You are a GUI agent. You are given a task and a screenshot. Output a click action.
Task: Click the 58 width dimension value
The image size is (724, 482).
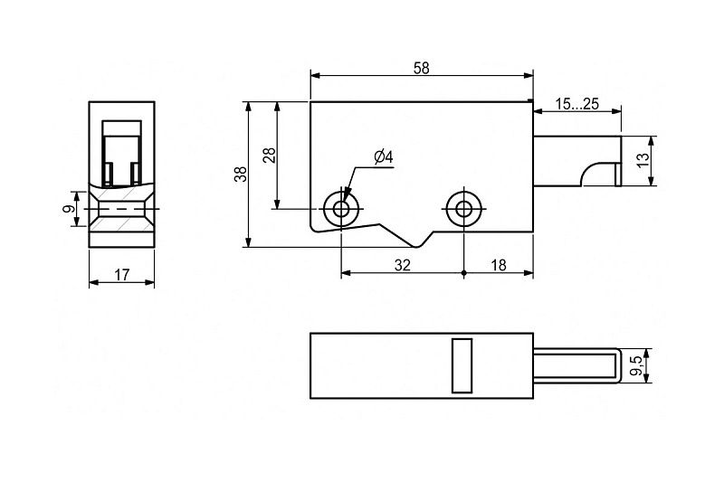[x=421, y=68]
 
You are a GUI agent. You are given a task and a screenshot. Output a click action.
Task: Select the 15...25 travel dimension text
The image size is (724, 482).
[x=576, y=104]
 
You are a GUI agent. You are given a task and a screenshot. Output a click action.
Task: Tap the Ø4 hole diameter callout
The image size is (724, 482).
[x=384, y=157]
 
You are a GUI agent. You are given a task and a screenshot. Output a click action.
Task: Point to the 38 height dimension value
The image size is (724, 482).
[x=241, y=174]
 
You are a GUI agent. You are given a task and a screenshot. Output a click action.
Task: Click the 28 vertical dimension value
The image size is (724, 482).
[x=269, y=155]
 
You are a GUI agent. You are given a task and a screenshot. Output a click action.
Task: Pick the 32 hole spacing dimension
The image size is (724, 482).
[x=403, y=265]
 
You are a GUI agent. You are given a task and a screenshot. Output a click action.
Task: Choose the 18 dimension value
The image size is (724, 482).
[x=499, y=265]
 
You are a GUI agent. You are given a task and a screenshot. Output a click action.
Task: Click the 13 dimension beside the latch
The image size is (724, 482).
[x=643, y=160]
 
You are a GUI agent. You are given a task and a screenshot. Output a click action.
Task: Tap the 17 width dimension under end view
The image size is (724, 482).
[x=121, y=275]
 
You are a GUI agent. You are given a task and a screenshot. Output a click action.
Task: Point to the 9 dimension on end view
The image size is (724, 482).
[x=69, y=209]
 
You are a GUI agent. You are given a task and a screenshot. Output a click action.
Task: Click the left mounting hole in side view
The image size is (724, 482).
[x=341, y=209]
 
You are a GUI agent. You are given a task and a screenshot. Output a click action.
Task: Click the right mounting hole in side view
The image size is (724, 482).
[x=463, y=209]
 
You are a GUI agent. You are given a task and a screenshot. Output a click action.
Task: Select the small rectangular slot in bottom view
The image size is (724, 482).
[x=462, y=365]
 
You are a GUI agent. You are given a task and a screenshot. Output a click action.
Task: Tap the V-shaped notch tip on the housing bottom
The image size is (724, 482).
[x=418, y=247]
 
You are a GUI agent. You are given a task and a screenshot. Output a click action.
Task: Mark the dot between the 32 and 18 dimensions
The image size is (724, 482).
[x=463, y=273]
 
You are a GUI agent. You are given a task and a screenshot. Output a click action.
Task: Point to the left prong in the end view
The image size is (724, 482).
[x=108, y=175]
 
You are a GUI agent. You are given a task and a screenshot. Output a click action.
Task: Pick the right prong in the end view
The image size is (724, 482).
[x=136, y=175]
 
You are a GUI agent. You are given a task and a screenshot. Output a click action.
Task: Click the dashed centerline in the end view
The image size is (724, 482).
[x=122, y=209]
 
